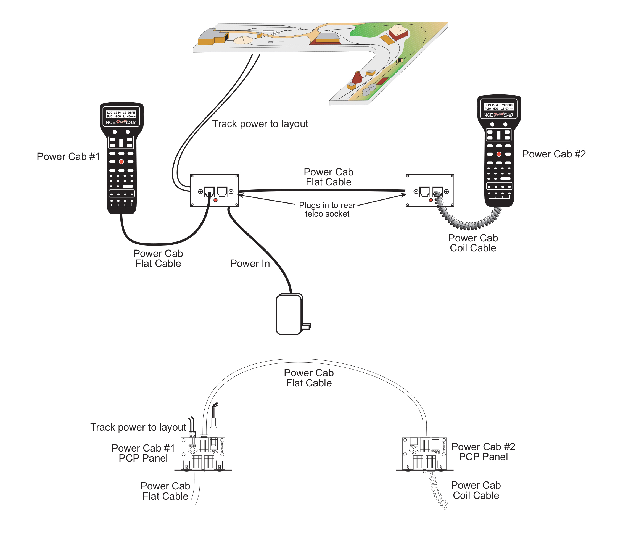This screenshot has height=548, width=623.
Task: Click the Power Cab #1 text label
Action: (68, 157)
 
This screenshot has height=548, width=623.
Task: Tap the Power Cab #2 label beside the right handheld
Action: (553, 154)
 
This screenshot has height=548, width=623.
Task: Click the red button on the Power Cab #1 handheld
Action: (121, 162)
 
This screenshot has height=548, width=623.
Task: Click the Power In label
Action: (250, 264)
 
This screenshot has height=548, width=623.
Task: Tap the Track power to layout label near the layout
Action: (260, 124)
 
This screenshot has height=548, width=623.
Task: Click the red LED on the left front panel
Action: (215, 200)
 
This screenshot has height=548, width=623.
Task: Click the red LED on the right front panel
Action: (431, 200)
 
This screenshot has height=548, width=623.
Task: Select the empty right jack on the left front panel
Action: (222, 192)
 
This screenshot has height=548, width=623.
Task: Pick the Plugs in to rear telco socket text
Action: (327, 209)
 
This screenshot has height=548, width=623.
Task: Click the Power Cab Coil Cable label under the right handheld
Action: (473, 243)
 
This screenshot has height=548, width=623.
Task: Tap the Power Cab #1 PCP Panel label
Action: (143, 453)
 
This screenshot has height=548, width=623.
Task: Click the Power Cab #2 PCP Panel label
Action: (483, 452)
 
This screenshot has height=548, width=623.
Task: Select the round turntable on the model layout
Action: (243, 40)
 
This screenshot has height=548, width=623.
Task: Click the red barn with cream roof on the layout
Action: (398, 32)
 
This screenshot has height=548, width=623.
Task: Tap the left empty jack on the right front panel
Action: (424, 192)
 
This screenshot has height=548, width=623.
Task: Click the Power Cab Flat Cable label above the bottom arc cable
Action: (309, 378)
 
